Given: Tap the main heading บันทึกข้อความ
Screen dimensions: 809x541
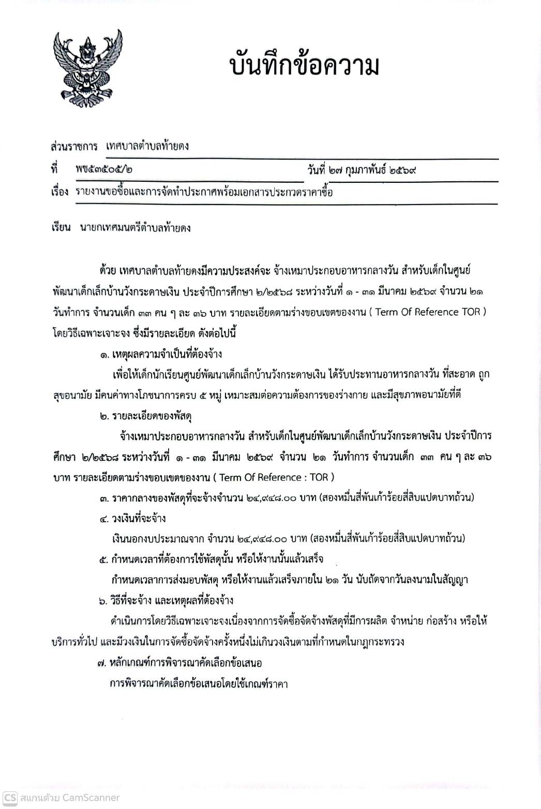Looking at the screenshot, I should click(304, 66).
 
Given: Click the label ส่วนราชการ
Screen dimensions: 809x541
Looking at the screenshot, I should click(74, 146).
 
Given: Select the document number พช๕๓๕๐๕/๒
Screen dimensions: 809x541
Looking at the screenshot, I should click(99, 169).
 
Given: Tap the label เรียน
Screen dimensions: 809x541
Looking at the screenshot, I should click(61, 227).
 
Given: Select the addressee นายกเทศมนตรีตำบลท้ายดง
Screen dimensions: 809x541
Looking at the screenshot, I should click(136, 227).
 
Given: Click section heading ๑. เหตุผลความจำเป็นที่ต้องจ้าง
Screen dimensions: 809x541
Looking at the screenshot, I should click(161, 354).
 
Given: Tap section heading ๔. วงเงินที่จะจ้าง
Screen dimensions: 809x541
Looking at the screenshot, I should click(133, 518).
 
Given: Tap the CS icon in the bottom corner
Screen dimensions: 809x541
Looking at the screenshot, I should click(10, 798).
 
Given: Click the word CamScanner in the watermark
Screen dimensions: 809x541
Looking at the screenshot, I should click(91, 798).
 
